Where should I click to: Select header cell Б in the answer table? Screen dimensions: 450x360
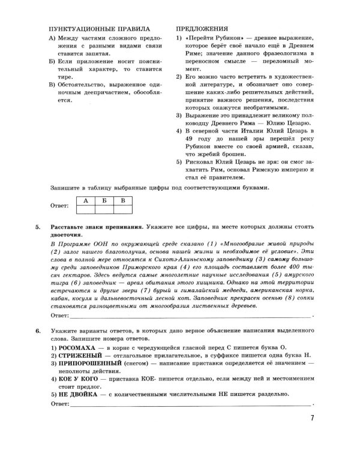(x=104, y=200)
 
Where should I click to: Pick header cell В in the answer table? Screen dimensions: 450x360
(x=123, y=200)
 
